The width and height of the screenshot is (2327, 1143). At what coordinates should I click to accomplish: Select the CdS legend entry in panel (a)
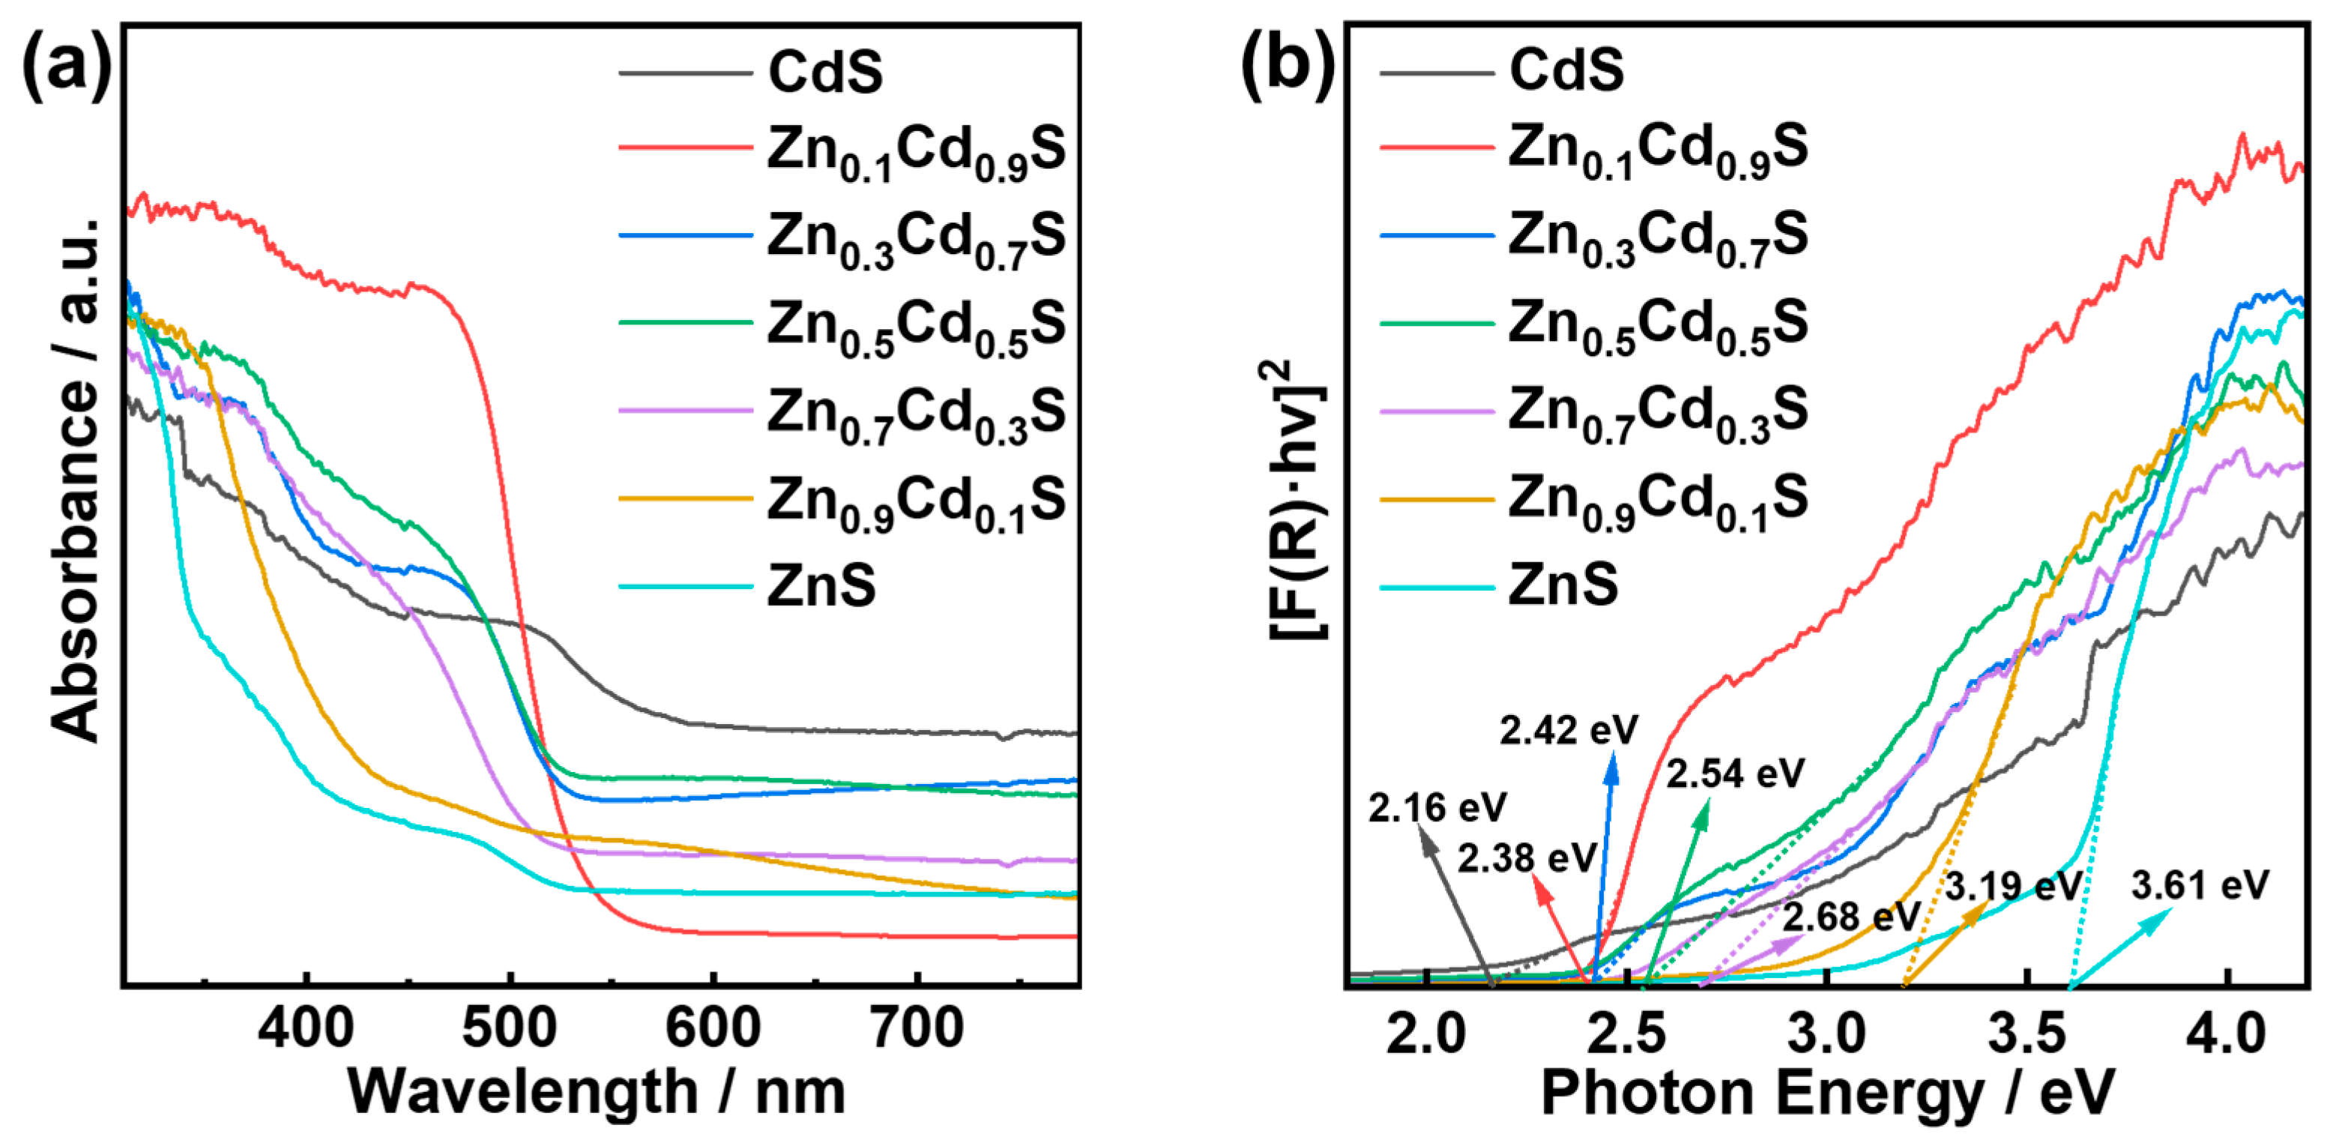(x=824, y=72)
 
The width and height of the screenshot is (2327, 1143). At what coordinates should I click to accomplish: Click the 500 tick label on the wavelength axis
(x=510, y=1028)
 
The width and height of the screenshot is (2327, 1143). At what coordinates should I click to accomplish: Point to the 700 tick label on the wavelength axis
(x=917, y=1028)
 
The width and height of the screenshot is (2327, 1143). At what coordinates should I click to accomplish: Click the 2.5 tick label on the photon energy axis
(x=1626, y=1034)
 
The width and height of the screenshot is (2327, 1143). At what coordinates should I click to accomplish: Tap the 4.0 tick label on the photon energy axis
(x=2226, y=1034)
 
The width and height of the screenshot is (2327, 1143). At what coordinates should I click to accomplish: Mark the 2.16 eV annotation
(x=1437, y=808)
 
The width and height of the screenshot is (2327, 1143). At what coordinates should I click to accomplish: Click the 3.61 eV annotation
(x=2200, y=885)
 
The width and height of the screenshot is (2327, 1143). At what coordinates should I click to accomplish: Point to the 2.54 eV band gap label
(x=1734, y=774)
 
